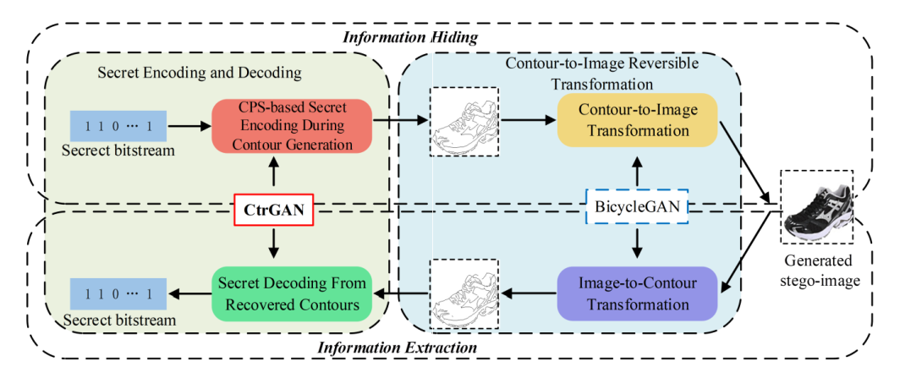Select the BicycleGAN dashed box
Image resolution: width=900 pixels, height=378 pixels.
point(635,205)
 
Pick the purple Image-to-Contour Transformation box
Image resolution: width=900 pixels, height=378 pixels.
point(637,293)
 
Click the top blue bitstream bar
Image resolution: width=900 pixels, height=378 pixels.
point(118,126)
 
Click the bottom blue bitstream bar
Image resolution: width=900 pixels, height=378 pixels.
point(118,293)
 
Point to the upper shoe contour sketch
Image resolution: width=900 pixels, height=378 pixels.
point(464,122)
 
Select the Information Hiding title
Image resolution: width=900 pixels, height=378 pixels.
point(410,37)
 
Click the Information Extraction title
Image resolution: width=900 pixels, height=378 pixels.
point(397,348)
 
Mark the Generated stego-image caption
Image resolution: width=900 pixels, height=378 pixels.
point(817,268)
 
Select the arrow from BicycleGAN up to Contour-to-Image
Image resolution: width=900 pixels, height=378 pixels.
point(635,172)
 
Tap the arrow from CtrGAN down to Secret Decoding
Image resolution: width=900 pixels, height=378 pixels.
point(272,244)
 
